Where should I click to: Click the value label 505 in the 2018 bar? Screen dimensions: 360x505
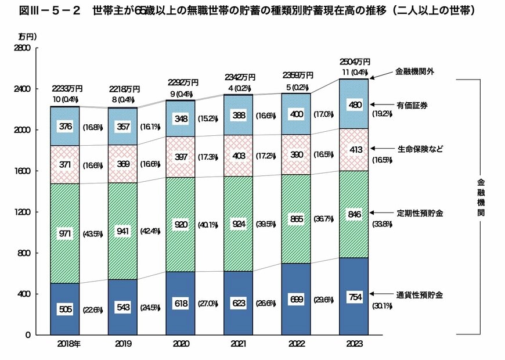(x=64, y=309)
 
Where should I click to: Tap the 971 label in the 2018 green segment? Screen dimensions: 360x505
(x=64, y=233)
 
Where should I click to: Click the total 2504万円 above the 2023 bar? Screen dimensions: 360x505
(x=355, y=62)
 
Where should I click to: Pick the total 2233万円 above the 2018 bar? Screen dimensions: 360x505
(x=67, y=89)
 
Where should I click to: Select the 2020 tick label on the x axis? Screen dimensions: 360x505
(x=181, y=344)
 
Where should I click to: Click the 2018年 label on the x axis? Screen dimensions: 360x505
(x=69, y=344)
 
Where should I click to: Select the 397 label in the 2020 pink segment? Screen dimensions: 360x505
(x=181, y=157)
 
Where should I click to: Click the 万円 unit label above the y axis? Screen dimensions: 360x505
(x=27, y=36)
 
